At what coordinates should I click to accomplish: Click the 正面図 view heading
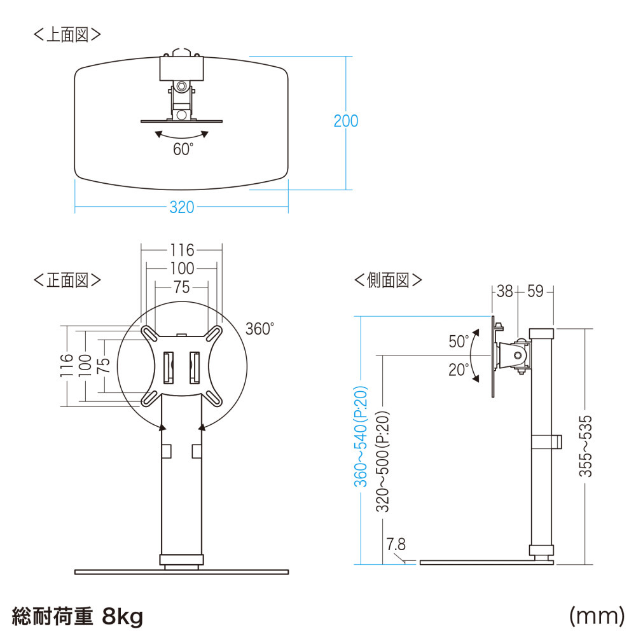coord(67,280)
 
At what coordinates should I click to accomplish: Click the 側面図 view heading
coord(388,280)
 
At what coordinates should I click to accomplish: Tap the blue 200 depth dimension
coord(346,121)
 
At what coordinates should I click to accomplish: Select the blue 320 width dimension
coord(181,208)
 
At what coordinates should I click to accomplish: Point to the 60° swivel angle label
coord(183,149)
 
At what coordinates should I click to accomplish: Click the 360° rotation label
coord(259,329)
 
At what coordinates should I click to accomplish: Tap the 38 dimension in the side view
coord(504,292)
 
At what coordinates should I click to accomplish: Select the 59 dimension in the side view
coord(536,292)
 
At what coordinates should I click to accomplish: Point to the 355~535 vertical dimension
coord(586,446)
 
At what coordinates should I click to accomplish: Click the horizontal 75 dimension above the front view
coord(181,287)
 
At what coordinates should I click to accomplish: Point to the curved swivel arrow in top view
coord(183,135)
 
